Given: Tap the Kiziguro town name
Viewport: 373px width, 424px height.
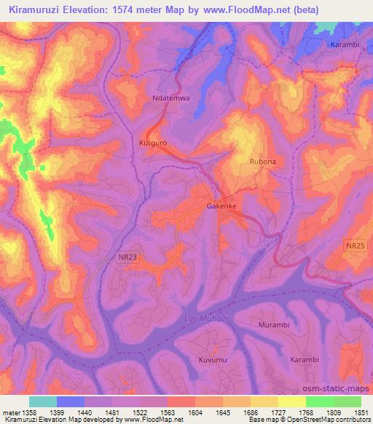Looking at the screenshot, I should click(x=153, y=144).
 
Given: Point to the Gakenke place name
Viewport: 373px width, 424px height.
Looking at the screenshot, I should click(x=222, y=206).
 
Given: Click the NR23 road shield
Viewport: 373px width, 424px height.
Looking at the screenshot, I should click(x=127, y=257).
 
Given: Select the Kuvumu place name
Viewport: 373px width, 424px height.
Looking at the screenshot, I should click(x=213, y=360).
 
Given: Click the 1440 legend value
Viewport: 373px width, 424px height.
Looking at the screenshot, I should click(x=85, y=412).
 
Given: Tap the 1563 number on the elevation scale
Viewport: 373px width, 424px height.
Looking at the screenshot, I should click(x=168, y=412).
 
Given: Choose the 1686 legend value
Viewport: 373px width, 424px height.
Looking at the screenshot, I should click(x=251, y=412).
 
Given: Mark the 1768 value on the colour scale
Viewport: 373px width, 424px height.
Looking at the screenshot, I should click(x=306, y=412).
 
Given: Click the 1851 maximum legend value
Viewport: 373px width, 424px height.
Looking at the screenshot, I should click(x=361, y=412).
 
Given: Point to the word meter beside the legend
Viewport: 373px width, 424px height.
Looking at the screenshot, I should click(x=11, y=412).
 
